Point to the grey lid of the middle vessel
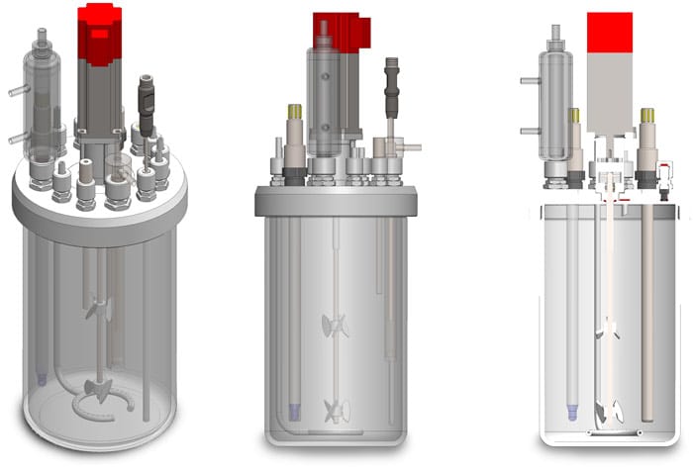coord(335,201)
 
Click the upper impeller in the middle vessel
coord(334,325)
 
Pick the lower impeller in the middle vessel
coord(335,407)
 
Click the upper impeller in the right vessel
coord(607,330)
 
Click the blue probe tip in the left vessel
coord(41,378)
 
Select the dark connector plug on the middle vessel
coord(391,88)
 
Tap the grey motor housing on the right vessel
coord(609,94)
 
